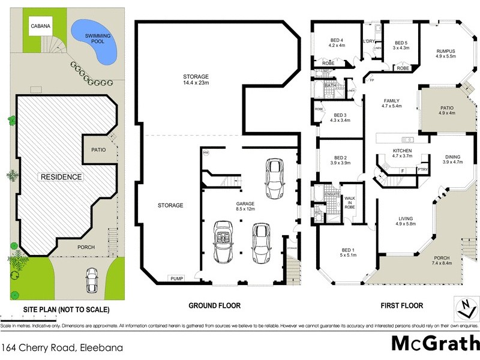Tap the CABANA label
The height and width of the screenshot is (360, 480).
pos(41,26)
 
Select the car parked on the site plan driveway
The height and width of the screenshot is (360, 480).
pos(92,279)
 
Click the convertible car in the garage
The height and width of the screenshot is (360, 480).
pos(223,241)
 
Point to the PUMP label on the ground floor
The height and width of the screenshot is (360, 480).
pos(176,278)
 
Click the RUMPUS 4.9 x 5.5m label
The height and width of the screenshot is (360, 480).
pos(445,54)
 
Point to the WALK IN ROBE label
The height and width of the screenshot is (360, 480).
pos(350,203)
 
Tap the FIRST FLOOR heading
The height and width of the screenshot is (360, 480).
pos(402,306)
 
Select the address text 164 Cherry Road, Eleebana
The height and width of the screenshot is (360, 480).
pos(53,347)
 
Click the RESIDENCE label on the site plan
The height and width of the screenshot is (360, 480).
pos(61,177)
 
